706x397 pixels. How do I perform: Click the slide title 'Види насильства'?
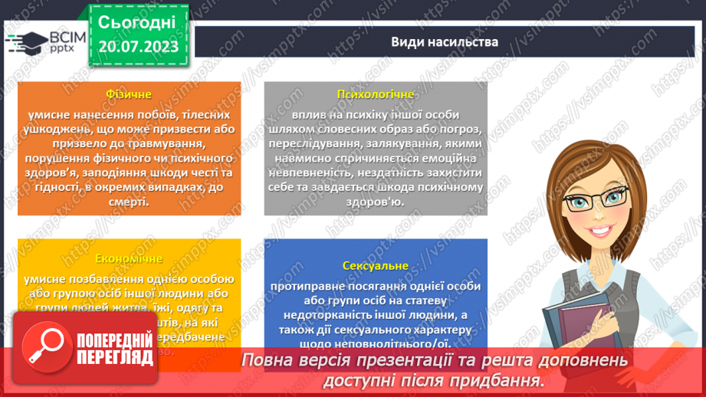coord(445,42)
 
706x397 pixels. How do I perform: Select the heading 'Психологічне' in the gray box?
coord(375,94)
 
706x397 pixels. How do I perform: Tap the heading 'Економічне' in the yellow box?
coord(128,260)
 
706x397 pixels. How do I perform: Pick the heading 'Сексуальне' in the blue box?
coord(375,267)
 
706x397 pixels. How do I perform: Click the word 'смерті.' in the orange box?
coord(128,202)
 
